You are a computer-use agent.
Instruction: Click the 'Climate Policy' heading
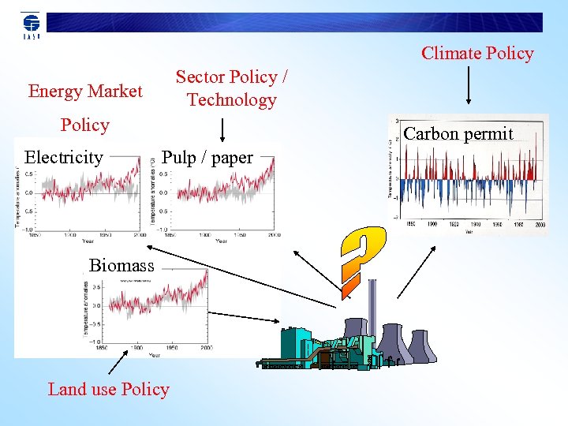coord(477,54)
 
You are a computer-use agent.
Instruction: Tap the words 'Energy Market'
coord(85,92)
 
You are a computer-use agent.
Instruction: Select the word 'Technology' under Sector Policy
coord(231,100)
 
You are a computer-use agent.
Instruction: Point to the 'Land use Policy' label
coord(108,389)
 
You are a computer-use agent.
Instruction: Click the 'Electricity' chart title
coord(64,157)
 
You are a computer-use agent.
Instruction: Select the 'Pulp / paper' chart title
coord(207,157)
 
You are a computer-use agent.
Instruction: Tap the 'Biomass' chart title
coord(121,265)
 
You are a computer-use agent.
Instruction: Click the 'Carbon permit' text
coord(458,133)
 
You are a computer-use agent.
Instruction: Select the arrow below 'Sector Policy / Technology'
coord(222,129)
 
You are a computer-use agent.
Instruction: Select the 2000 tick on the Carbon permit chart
coord(539,224)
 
